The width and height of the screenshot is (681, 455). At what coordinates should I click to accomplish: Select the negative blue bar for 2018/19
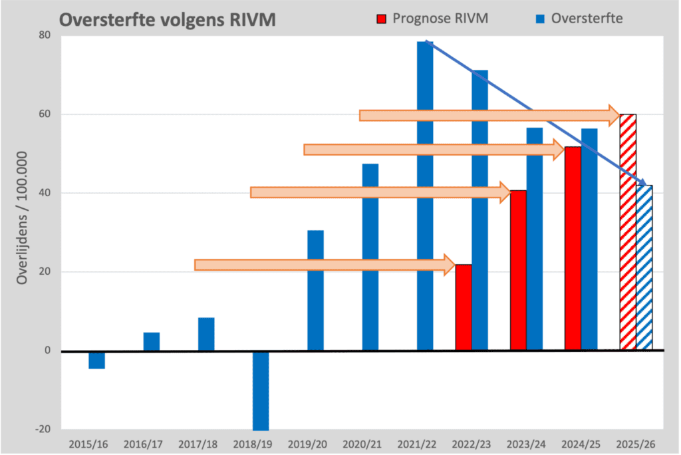pyautogui.click(x=261, y=390)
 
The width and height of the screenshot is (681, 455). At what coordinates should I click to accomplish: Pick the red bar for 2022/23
pyautogui.click(x=464, y=307)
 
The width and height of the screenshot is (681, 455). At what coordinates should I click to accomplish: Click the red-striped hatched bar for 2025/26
pyautogui.click(x=628, y=233)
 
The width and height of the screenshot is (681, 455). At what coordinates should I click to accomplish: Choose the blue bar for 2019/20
pyautogui.click(x=315, y=290)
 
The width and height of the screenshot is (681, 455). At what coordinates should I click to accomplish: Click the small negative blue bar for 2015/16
pyautogui.click(x=96, y=359)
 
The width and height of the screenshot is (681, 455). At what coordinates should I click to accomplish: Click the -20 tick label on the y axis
pyautogui.click(x=45, y=429)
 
